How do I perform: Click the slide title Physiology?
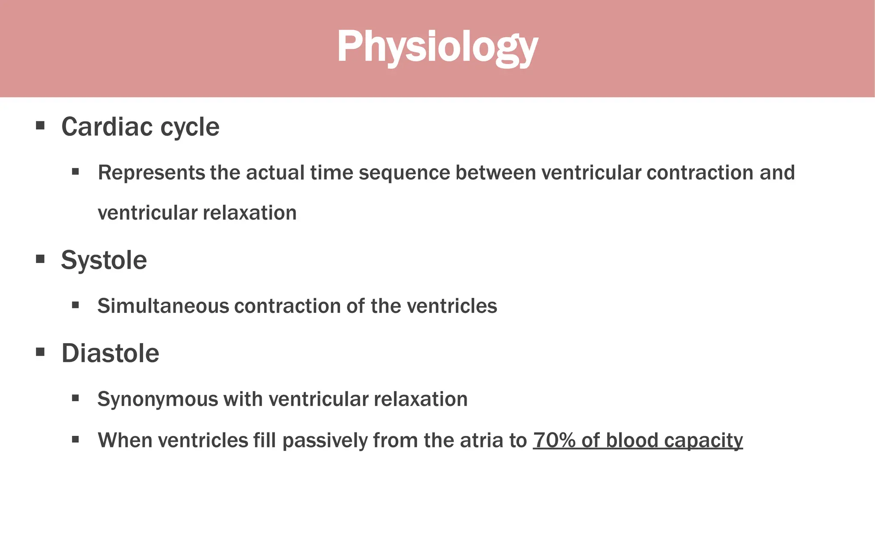[437, 47]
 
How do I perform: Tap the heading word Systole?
[104, 260]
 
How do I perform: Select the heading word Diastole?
[110, 353]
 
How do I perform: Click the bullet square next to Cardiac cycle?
[40, 126]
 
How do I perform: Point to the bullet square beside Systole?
[40, 259]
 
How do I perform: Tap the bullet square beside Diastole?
[40, 352]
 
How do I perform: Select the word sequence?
[404, 173]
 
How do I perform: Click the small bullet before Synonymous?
[76, 398]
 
